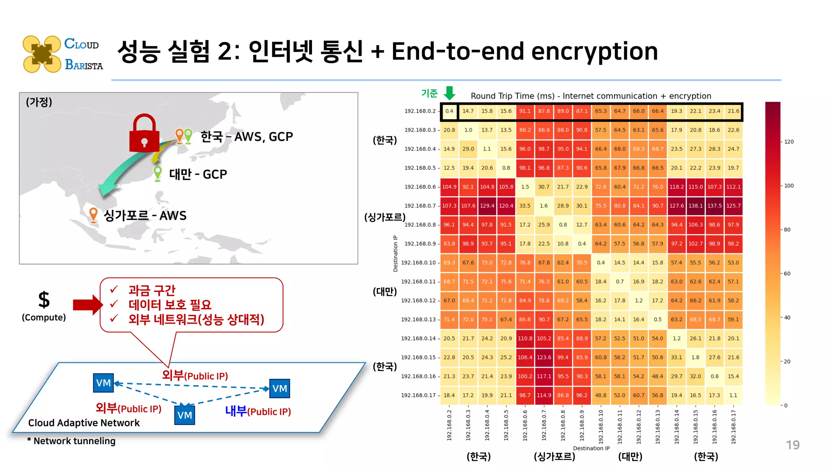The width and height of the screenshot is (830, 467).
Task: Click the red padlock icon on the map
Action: tap(144, 134)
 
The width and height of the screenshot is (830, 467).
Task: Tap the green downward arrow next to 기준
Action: tap(449, 93)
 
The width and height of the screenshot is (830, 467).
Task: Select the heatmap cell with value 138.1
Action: tap(695, 206)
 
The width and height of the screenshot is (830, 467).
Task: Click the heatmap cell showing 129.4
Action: tap(487, 206)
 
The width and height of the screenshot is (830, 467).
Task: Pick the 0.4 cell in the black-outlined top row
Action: tap(449, 111)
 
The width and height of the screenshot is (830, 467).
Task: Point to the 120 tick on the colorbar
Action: tap(789, 142)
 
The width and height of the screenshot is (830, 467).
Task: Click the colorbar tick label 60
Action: tap(787, 274)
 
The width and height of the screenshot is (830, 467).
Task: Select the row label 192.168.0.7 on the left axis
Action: tap(420, 206)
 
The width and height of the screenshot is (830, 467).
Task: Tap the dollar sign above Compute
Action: tap(44, 300)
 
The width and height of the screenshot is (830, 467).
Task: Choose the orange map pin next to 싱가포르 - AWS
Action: tap(93, 215)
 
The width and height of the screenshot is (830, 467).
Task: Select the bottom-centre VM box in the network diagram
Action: tap(184, 415)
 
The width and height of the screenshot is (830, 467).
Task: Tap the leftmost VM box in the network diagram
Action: tap(103, 383)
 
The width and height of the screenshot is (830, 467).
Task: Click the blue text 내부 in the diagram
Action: tap(236, 411)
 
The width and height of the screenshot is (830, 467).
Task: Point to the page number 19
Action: tap(793, 445)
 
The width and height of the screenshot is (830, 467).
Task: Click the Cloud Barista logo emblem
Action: tap(42, 54)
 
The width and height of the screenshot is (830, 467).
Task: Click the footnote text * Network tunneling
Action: tap(71, 441)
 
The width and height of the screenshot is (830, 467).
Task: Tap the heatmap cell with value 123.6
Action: tap(544, 358)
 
